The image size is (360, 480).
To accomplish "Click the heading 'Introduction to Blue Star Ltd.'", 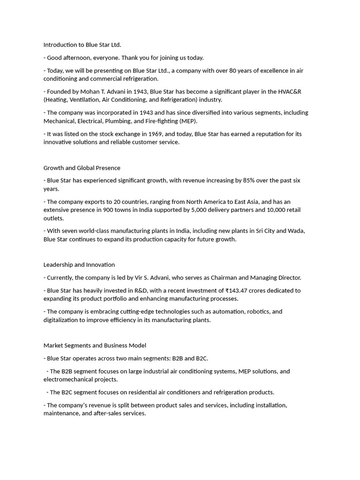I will (82, 45).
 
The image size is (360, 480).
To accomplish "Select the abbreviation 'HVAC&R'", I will (290, 91).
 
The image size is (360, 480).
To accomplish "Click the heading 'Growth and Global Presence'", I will (82, 168).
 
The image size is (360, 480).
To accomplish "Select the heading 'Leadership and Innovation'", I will (79, 265).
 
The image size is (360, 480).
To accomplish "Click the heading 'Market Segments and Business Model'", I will (95, 345).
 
